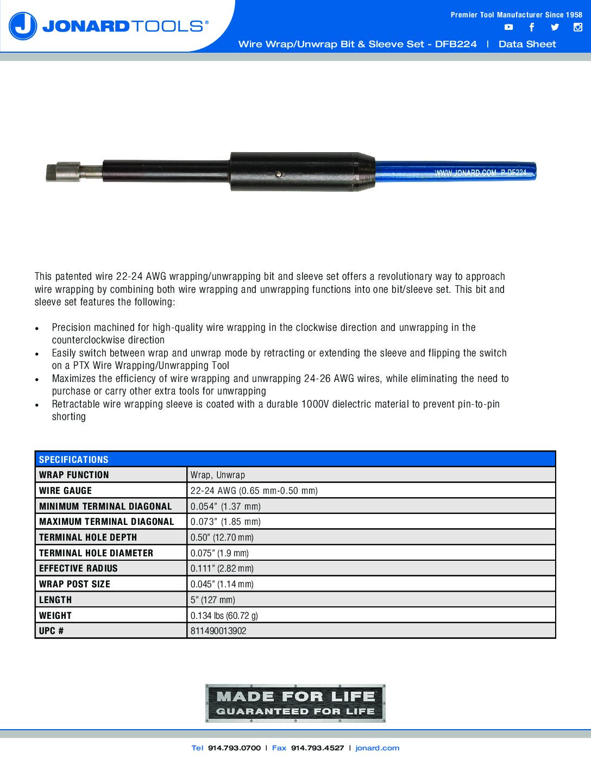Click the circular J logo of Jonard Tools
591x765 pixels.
(23, 26)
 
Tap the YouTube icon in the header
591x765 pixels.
(508, 27)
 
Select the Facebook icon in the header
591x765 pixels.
(531, 27)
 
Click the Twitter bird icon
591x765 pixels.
(555, 27)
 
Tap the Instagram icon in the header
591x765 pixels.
(578, 27)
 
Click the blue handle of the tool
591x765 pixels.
(456, 171)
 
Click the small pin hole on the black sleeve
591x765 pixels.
(278, 174)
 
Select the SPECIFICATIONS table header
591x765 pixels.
(74, 460)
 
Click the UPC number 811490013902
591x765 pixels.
(218, 631)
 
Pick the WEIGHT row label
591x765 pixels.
(55, 616)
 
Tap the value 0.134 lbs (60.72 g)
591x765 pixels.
(224, 616)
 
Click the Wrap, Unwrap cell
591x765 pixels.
(218, 475)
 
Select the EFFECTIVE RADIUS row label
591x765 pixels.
(78, 568)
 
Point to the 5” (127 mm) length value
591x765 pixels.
(213, 600)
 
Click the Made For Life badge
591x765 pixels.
(295, 703)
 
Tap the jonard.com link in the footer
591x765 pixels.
(377, 748)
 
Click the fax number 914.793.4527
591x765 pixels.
(317, 748)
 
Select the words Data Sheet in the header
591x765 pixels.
(527, 45)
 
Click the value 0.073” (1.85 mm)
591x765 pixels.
(225, 522)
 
